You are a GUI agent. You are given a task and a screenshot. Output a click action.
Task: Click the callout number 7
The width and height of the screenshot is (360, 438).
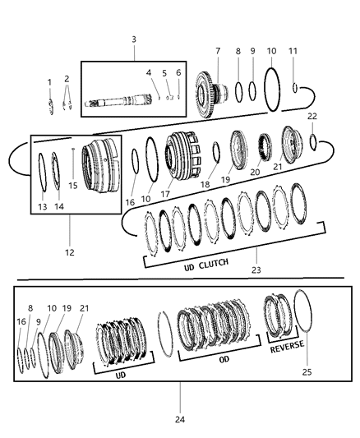click(217, 51)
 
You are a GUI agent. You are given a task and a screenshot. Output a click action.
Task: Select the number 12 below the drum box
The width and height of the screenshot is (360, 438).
click(70, 252)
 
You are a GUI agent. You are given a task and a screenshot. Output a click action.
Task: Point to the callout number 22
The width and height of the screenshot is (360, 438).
click(312, 116)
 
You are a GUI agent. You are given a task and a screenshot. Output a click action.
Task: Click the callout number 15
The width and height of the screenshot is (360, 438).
click(73, 185)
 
